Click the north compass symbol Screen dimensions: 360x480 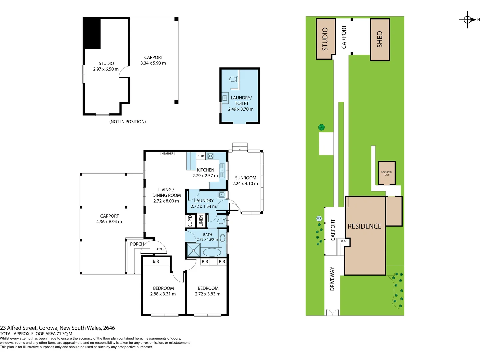467,20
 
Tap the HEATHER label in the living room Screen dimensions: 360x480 167,154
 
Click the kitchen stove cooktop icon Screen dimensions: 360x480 210,156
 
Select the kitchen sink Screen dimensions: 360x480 222,171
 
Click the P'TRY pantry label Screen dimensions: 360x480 201,156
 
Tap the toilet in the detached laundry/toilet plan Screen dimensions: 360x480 234,79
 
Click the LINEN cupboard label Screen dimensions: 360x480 201,221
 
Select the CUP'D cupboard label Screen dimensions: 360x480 190,221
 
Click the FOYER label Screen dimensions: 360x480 160,249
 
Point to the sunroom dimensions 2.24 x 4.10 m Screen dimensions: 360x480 245,184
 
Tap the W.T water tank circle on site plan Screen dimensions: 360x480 319,219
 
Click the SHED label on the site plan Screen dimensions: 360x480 380,39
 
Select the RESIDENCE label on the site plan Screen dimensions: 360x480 364,226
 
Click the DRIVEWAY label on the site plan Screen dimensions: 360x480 332,279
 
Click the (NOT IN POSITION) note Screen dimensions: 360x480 127,122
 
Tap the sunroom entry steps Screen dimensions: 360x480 240,146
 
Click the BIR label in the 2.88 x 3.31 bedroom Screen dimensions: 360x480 156,261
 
